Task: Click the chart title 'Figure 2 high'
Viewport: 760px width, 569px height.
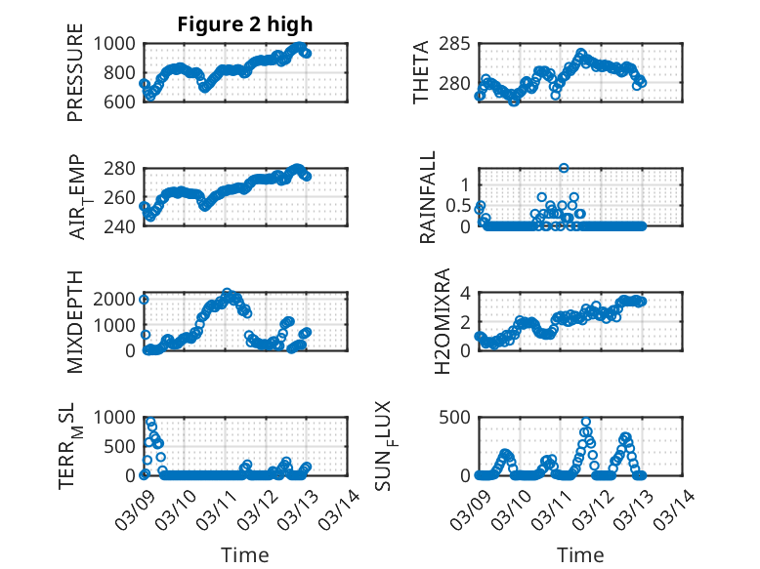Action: click(245, 24)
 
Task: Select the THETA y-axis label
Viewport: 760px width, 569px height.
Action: click(421, 72)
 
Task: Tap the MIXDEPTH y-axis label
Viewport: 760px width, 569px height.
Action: click(76, 321)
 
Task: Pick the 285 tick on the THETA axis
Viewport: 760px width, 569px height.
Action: click(459, 44)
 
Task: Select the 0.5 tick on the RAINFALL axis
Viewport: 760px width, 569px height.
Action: click(458, 205)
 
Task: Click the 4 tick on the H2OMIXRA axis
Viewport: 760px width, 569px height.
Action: click(466, 293)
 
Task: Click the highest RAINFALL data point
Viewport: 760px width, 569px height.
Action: click(564, 168)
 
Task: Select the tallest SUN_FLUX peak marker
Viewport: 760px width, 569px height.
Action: click(585, 422)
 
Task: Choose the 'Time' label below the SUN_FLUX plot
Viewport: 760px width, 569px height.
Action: click(579, 554)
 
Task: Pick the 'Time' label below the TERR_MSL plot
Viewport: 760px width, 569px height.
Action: click(245, 554)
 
